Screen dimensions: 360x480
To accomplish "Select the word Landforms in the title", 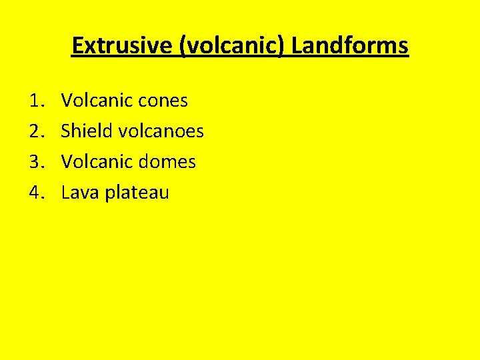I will [x=350, y=45].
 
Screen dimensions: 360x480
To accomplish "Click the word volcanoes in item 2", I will [x=161, y=131].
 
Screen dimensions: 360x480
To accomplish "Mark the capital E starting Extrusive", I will [x=77, y=45].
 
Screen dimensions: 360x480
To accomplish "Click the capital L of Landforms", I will [x=297, y=45].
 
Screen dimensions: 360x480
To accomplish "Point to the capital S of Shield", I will [x=66, y=131].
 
